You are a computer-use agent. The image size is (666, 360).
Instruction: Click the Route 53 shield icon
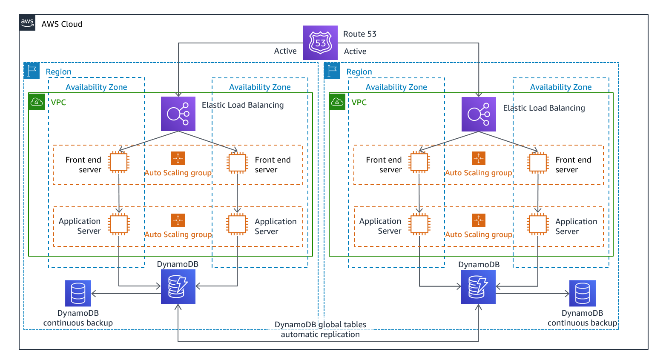point(320,43)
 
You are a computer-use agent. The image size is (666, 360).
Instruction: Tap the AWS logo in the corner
point(27,23)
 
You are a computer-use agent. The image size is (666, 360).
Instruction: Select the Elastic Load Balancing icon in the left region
point(178,114)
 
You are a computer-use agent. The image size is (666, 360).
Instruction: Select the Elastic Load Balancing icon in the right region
point(479,114)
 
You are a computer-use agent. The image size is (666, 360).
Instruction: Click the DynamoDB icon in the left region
point(178,286)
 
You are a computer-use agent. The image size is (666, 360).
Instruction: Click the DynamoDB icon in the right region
point(478,287)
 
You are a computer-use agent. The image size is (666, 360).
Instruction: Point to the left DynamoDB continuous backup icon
point(78,293)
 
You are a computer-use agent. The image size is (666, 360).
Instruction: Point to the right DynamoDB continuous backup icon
point(582,293)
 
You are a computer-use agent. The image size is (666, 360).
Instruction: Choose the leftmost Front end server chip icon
point(118,162)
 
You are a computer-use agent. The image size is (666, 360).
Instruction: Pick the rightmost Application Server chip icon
point(538,224)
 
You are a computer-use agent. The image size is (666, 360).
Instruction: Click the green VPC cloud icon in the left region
point(37,102)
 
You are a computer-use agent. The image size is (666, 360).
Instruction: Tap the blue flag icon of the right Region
point(332,71)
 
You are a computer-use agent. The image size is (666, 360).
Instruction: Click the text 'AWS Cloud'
point(62,24)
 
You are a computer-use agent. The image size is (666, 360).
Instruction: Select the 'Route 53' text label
point(360,34)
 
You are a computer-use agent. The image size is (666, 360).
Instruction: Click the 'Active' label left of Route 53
point(285,51)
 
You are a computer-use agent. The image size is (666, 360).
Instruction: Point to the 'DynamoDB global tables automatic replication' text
point(320,329)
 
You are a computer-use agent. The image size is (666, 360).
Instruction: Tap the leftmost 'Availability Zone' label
point(96,87)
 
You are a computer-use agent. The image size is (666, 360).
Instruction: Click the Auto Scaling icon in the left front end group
point(178,158)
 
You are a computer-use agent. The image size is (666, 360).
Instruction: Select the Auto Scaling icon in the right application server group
point(479,220)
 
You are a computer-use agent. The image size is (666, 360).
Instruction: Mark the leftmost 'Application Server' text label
point(80,226)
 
